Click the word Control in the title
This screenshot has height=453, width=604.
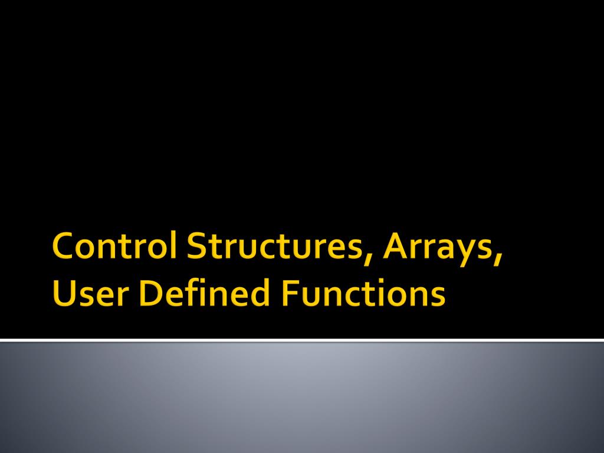click(116, 248)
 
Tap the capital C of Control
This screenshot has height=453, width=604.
click(63, 248)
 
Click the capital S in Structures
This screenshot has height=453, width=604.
click(196, 248)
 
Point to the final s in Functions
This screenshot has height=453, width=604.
click(438, 297)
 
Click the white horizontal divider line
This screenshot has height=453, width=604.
click(302, 340)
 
